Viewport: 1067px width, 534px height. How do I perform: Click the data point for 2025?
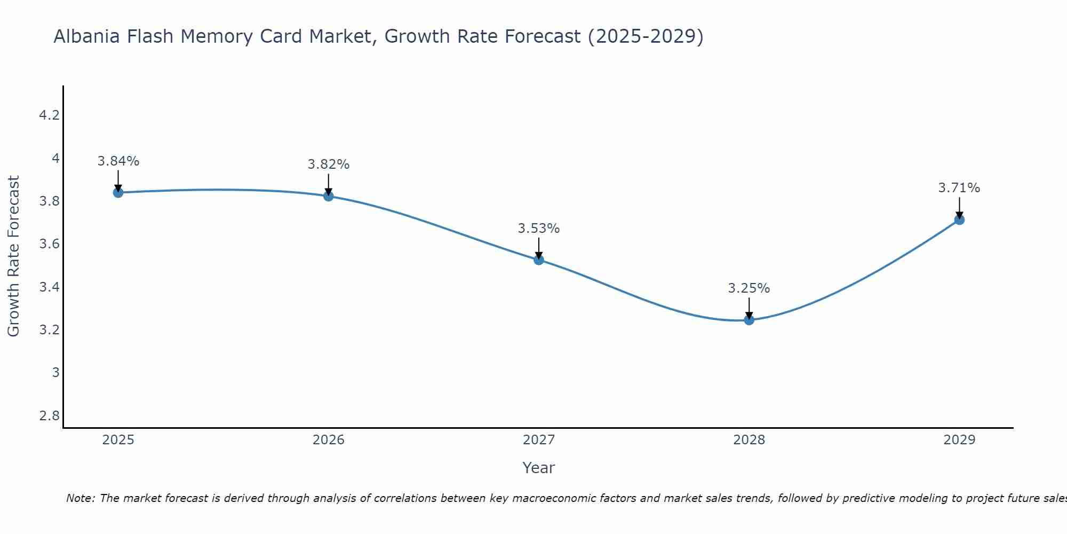click(118, 193)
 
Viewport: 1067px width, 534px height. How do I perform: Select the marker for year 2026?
click(329, 196)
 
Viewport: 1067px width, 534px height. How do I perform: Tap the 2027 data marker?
click(539, 260)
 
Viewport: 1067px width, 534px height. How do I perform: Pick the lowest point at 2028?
click(749, 320)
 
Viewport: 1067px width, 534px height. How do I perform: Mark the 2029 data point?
click(959, 219)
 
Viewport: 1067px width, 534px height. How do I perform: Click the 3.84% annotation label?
click(118, 161)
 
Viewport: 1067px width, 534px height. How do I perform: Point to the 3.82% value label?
click(329, 164)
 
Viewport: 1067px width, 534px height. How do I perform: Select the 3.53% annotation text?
click(539, 229)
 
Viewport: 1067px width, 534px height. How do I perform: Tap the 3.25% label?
click(749, 288)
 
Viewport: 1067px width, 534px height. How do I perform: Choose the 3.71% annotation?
click(959, 188)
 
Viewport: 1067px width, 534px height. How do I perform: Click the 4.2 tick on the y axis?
click(49, 115)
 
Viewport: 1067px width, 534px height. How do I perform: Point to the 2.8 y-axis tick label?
click(49, 415)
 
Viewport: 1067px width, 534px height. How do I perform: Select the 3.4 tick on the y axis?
click(49, 287)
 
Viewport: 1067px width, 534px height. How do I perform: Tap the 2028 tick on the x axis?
click(749, 440)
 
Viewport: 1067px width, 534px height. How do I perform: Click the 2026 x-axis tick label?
click(329, 440)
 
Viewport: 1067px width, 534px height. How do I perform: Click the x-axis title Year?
click(539, 468)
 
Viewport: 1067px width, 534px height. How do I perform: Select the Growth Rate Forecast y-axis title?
click(14, 256)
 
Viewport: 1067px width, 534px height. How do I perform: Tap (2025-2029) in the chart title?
click(646, 37)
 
